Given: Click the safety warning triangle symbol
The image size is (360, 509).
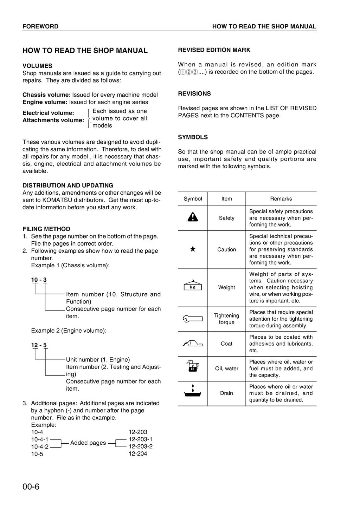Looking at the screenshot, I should pyautogui.click(x=193, y=217).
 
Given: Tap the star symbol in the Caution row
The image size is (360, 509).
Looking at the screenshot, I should pyautogui.click(x=193, y=249).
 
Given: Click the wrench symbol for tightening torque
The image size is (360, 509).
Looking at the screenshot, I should pyautogui.click(x=193, y=319).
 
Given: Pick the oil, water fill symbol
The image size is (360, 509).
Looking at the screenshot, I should pyautogui.click(x=192, y=366).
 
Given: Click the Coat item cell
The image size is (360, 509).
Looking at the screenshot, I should pyautogui.click(x=226, y=344).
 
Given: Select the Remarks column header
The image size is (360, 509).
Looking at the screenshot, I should pyautogui.click(x=281, y=199).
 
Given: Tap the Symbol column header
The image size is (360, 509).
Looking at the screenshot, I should pyautogui.click(x=193, y=199).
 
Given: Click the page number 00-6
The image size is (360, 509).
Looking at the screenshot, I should pyautogui.click(x=31, y=487).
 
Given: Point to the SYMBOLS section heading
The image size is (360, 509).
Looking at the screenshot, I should pyautogui.click(x=193, y=137).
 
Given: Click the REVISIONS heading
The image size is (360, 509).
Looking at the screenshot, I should pyautogui.click(x=194, y=94).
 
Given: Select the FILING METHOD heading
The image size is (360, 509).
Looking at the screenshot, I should pyautogui.click(x=46, y=229).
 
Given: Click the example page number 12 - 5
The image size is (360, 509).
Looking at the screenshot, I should pyautogui.click(x=39, y=345).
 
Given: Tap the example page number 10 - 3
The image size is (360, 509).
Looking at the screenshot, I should pyautogui.click(x=39, y=280).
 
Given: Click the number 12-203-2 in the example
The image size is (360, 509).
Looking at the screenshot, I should pyautogui.click(x=140, y=446).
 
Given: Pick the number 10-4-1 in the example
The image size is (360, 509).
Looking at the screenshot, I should pyautogui.click(x=40, y=439).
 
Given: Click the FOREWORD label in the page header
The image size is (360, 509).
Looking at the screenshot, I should pyautogui.click(x=40, y=26).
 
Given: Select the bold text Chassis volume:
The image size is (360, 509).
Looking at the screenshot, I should pyautogui.click(x=46, y=95).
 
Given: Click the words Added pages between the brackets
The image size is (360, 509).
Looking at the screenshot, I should pyautogui.click(x=88, y=443).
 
